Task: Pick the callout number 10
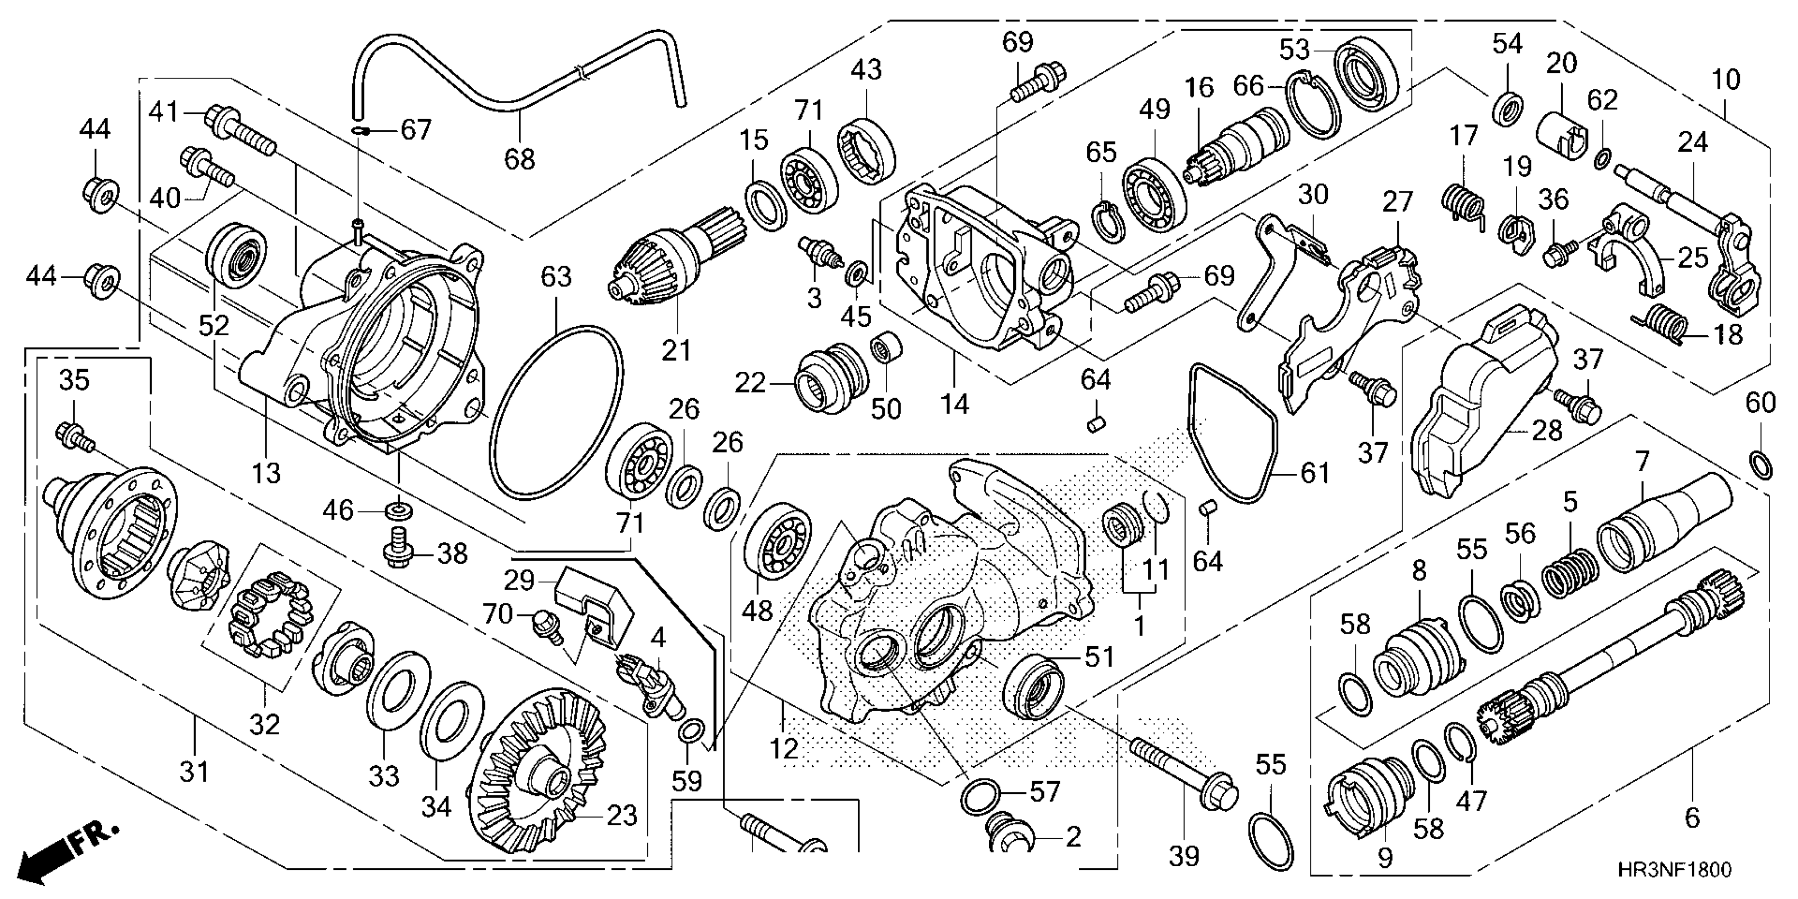(x=1726, y=79)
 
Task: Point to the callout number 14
(x=954, y=403)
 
